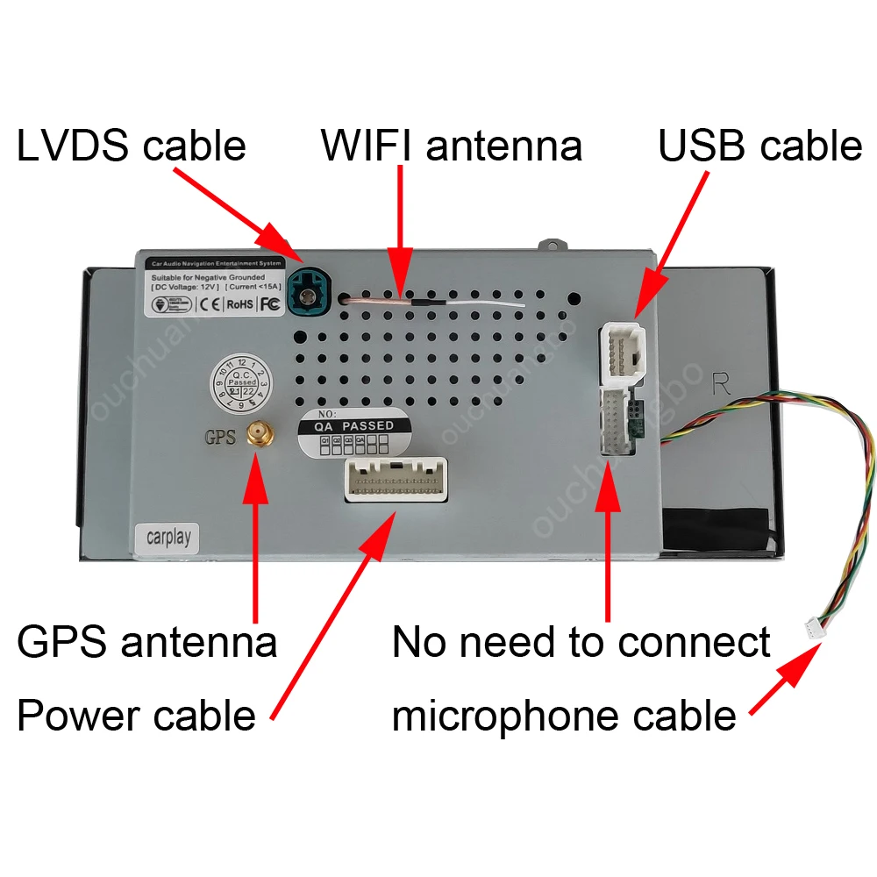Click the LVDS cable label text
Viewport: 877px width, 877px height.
click(x=132, y=146)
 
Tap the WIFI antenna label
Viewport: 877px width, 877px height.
click(x=452, y=146)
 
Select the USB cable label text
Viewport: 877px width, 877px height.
click(x=759, y=146)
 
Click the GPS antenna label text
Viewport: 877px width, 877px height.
click(x=147, y=643)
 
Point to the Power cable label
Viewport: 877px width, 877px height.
click(x=136, y=716)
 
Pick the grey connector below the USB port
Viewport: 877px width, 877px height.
click(x=619, y=422)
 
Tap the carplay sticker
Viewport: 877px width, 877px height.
click(x=168, y=536)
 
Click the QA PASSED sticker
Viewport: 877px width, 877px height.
click(x=356, y=431)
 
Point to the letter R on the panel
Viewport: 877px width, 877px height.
click(x=722, y=383)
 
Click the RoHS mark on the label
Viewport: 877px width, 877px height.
click(x=239, y=305)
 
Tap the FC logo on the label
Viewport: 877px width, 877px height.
click(x=269, y=305)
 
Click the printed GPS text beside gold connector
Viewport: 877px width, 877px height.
click(x=219, y=436)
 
